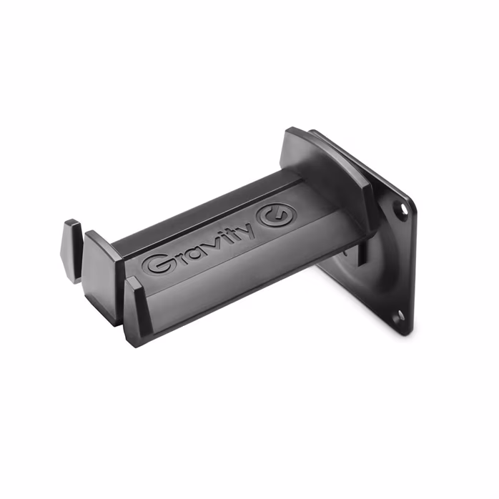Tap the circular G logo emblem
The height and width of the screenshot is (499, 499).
276,215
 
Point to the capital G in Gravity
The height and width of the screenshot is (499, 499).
157,263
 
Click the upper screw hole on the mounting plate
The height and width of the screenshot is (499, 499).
403,209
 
